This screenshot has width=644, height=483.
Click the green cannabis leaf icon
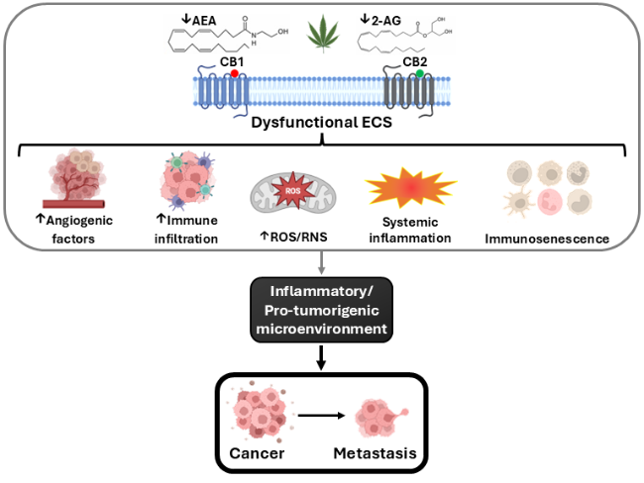pyautogui.click(x=323, y=34)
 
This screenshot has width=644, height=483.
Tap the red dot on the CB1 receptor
pyautogui.click(x=235, y=73)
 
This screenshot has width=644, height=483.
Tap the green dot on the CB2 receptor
pyautogui.click(x=419, y=73)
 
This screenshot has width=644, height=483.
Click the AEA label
pyautogui.click(x=199, y=20)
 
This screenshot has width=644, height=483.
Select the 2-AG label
pyautogui.click(x=380, y=20)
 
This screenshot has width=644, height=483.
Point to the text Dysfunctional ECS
pyautogui.click(x=322, y=123)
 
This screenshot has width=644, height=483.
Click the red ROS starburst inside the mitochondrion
pyautogui.click(x=293, y=191)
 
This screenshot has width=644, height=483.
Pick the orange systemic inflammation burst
pyautogui.click(x=411, y=187)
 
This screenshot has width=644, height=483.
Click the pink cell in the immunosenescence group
pyautogui.click(x=550, y=202)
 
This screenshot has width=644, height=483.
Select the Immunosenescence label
pyautogui.click(x=547, y=239)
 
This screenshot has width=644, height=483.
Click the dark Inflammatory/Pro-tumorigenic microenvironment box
pyautogui.click(x=322, y=310)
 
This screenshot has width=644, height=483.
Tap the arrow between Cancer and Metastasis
pyautogui.click(x=321, y=416)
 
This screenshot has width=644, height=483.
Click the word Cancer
pyautogui.click(x=257, y=453)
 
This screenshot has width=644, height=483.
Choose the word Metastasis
pyautogui.click(x=375, y=453)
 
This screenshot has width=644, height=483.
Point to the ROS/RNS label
pyautogui.click(x=293, y=237)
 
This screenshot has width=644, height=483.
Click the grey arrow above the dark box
pyautogui.click(x=322, y=262)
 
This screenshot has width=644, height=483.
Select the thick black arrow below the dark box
pyautogui.click(x=322, y=357)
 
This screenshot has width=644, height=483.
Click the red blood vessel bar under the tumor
pyautogui.click(x=74, y=204)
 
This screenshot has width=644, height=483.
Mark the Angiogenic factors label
pyautogui.click(x=74, y=230)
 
